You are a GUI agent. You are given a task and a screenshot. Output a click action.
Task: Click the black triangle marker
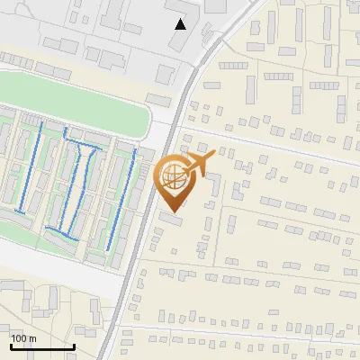point(181,24)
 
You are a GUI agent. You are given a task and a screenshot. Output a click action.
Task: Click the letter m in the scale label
point(32,338)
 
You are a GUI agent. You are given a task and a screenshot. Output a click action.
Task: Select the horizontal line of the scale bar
point(42,346)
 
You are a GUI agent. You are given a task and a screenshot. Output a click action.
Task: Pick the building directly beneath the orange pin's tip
point(171,219)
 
